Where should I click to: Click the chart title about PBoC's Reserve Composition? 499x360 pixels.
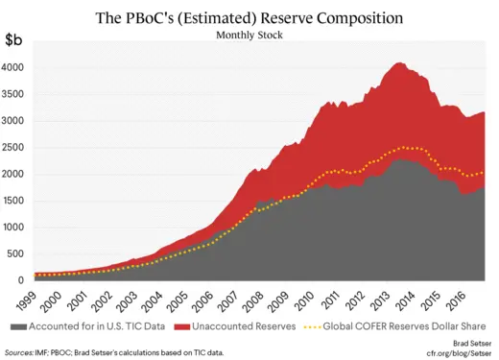[249, 17]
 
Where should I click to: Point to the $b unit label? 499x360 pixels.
[16, 41]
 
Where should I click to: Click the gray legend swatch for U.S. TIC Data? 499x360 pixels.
[16, 325]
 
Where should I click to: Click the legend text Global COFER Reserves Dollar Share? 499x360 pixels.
[405, 325]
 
